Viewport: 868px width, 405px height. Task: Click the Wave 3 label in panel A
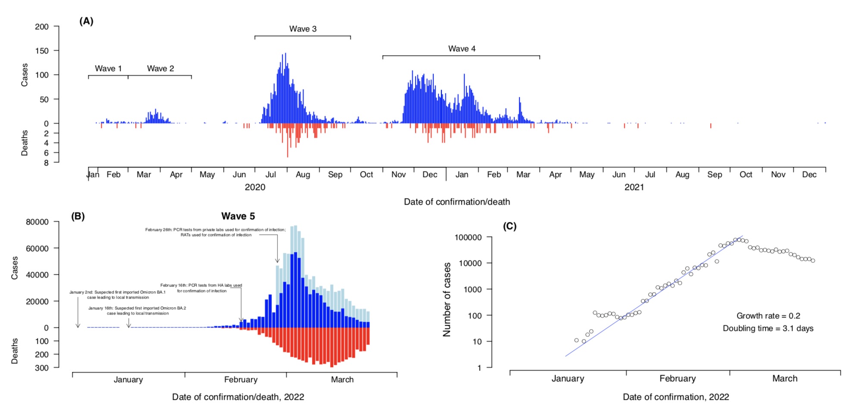pos(303,29)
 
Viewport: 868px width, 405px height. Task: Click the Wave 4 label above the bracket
pos(462,49)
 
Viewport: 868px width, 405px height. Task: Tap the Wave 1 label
pos(108,69)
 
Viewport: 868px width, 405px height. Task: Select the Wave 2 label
pos(160,69)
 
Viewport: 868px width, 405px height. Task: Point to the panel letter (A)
pos(86,21)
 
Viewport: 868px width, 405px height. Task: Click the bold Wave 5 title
pos(238,216)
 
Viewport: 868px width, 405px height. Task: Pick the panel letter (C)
pos(509,226)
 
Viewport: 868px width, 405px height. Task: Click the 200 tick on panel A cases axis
pos(42,27)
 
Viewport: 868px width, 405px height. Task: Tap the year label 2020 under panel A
pos(255,187)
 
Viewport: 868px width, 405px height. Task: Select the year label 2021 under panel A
pos(634,187)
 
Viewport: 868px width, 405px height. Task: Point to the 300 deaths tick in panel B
pos(42,368)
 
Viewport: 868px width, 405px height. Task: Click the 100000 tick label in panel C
pos(468,237)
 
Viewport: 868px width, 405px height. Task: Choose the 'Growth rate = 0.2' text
pos(768,316)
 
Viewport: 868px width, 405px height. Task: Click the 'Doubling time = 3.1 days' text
pos(768,328)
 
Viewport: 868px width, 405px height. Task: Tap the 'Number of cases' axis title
pos(447,299)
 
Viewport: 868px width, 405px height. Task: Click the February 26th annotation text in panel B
pos(215,232)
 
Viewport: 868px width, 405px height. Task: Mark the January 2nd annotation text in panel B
pos(117,295)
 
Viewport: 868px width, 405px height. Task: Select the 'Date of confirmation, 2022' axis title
pos(676,397)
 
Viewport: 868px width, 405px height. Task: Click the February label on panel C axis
pos(678,379)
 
